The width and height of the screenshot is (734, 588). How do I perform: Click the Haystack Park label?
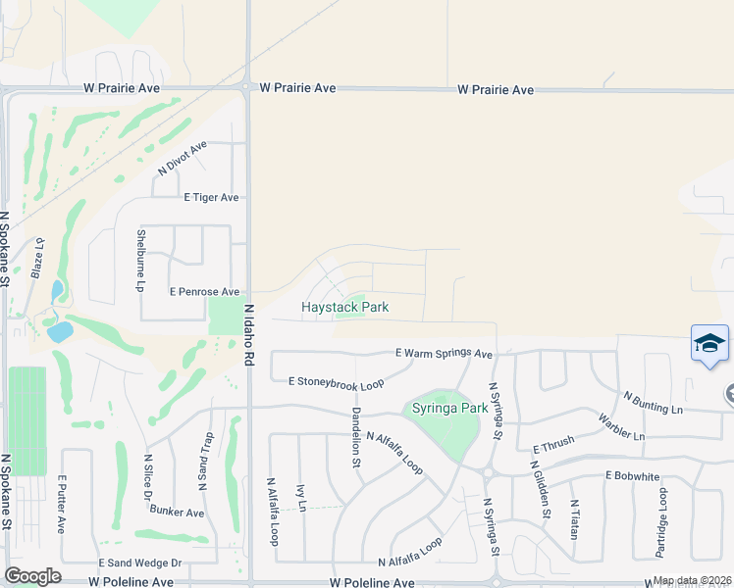coord(344,307)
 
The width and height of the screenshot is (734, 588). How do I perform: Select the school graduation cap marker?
coord(709,344)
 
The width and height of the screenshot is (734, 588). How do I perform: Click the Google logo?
coord(32,576)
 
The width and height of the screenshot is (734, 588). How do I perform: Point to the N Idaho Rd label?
coord(249,335)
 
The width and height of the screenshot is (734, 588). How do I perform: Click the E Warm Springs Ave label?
coord(444,353)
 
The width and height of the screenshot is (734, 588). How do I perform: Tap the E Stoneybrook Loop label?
coord(337,384)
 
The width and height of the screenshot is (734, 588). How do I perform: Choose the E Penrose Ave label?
coord(204,292)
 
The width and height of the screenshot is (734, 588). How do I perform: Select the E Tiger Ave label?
coord(212,197)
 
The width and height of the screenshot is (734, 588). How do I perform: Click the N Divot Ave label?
coord(183,158)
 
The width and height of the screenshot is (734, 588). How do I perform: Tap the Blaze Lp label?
coord(40,257)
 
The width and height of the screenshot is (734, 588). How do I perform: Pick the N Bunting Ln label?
coord(654,402)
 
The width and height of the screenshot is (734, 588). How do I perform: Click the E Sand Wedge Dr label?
coord(140,563)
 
